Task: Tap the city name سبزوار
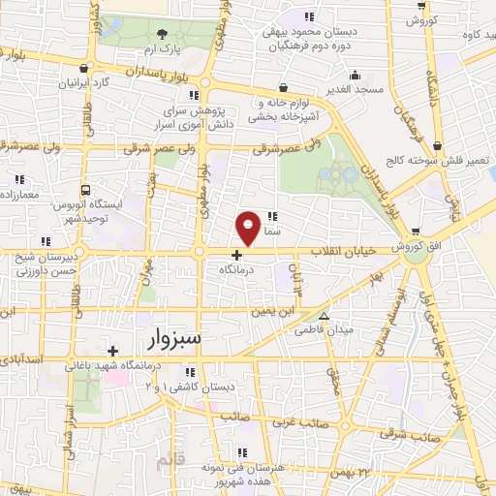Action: tap(178, 338)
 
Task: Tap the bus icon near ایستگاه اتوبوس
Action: tap(86, 191)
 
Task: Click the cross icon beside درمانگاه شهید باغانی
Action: tap(113, 351)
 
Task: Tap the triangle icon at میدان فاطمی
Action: tap(324, 316)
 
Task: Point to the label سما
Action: tap(271, 232)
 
